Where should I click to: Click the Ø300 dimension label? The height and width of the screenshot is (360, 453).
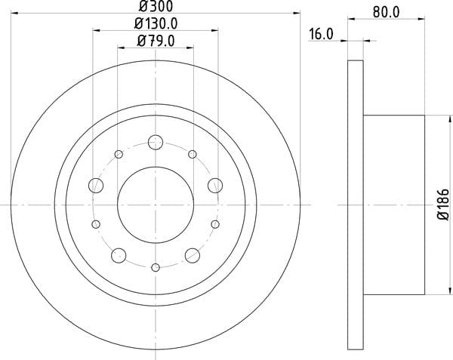point(156,6)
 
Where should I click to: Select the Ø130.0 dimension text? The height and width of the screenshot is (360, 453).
point(156,23)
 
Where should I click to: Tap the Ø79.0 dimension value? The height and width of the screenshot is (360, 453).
point(156,41)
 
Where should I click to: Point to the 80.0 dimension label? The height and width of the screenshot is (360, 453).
point(387,12)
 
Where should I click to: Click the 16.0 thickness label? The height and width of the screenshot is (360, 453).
point(322,34)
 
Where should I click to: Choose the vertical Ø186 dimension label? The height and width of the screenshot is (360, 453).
point(443,205)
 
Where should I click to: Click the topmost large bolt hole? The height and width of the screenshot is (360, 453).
point(156,142)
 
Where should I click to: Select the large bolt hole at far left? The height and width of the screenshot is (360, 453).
point(96,186)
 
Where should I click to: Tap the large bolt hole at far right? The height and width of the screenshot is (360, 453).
point(215,186)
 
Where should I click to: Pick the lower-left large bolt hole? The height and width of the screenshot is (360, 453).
point(119,256)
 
